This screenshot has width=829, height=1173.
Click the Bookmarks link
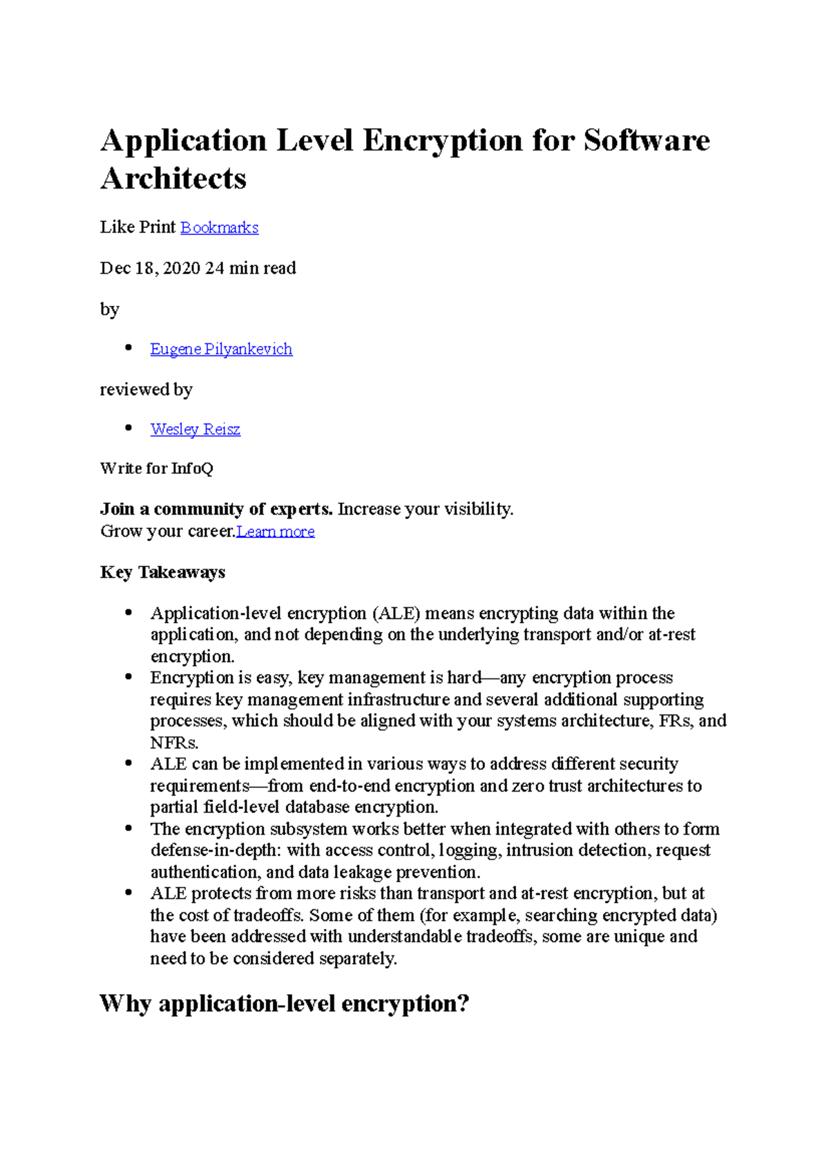(x=219, y=227)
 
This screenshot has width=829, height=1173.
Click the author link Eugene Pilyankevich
(x=221, y=349)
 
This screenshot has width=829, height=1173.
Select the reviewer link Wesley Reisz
(x=196, y=429)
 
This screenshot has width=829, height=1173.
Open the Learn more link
(x=276, y=531)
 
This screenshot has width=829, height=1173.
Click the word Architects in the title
(x=173, y=178)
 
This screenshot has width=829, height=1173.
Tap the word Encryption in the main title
(x=442, y=140)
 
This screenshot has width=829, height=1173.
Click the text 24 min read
(x=251, y=268)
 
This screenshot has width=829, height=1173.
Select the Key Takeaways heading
(x=162, y=572)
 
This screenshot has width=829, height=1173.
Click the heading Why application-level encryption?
(x=284, y=1003)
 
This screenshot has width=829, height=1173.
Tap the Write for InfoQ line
(x=157, y=468)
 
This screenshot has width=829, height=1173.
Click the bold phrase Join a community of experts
(x=216, y=509)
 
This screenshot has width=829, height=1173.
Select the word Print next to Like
(x=158, y=227)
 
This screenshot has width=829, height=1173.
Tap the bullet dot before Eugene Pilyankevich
(x=128, y=348)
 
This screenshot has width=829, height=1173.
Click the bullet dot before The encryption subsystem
(x=128, y=828)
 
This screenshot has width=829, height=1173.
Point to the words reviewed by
(x=146, y=390)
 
